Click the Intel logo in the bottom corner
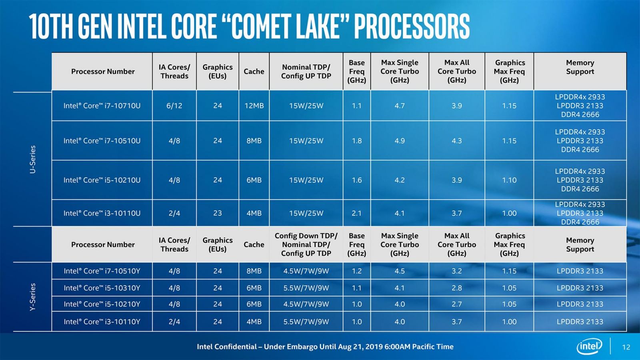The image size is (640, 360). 589,346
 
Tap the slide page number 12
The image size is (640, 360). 626,347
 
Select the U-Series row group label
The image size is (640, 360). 33,159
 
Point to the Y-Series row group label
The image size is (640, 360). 33,297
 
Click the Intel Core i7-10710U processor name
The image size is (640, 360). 102,106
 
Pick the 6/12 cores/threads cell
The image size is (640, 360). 174,106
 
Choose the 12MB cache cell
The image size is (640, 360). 254,106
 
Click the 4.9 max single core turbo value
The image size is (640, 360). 400,141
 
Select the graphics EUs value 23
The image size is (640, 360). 218,213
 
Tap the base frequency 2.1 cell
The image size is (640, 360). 356,213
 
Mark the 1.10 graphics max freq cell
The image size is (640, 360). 509,180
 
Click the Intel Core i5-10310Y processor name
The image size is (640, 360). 102,288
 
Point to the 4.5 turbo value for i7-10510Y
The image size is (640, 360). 400,271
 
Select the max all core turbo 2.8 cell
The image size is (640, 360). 457,288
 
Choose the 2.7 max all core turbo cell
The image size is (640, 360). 457,304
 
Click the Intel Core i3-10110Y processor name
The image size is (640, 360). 102,322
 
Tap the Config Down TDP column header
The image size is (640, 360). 306,244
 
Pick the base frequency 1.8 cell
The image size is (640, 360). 356,141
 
